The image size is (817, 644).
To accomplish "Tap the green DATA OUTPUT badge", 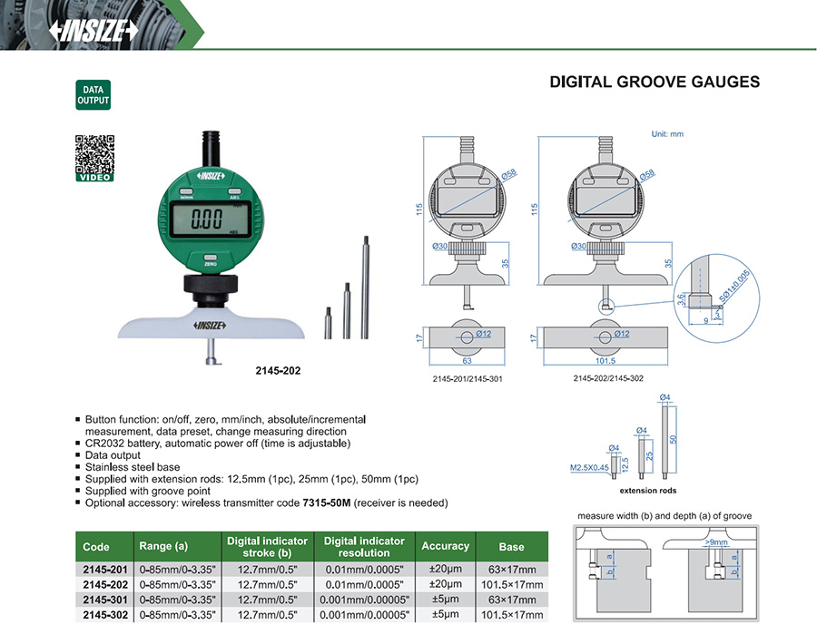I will pyautogui.click(x=94, y=95).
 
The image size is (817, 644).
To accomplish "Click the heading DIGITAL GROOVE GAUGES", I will pyautogui.click(x=655, y=83).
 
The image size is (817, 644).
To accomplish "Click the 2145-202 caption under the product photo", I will pyautogui.click(x=278, y=371).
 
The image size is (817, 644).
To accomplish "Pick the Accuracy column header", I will pyautogui.click(x=445, y=546).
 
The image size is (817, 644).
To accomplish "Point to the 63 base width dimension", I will pyautogui.click(x=465, y=359).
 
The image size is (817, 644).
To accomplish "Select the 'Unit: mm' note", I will pyautogui.click(x=667, y=134).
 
